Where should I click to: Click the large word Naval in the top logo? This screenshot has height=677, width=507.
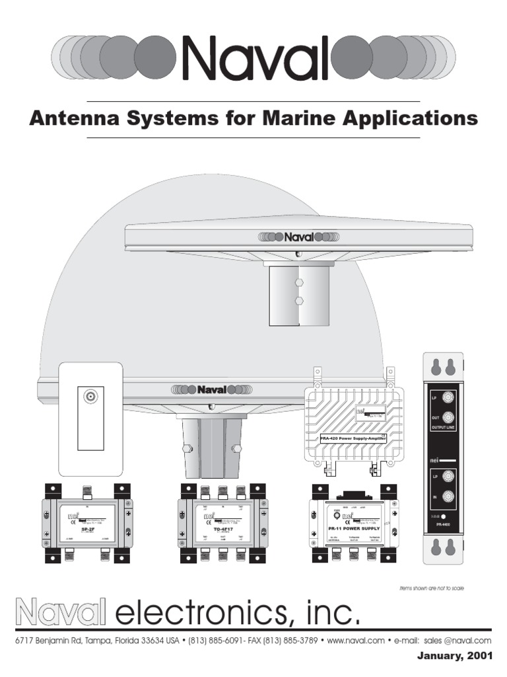[254, 57]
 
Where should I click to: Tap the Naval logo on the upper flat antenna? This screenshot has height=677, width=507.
[298, 237]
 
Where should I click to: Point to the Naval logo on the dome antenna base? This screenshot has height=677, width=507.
[211, 389]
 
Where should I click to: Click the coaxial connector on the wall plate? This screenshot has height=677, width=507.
[89, 397]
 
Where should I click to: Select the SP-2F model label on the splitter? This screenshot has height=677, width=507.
[83, 529]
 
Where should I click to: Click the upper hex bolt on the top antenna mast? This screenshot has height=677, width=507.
[299, 281]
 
